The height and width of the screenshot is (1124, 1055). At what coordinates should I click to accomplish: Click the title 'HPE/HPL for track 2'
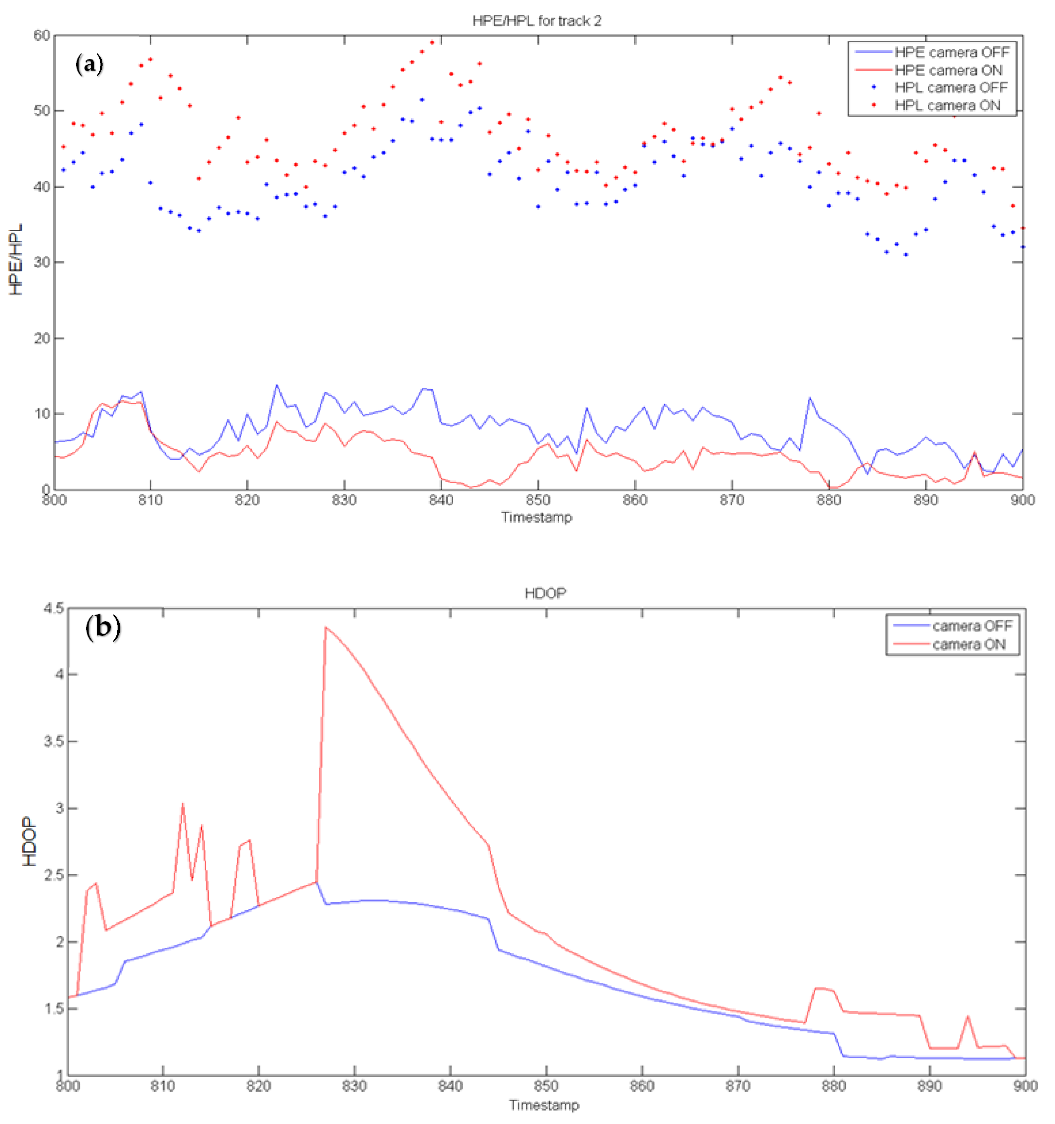[x=537, y=21]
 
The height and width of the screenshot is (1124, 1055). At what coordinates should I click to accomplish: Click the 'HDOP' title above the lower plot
[x=545, y=593]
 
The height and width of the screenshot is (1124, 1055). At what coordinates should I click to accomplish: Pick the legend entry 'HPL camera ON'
[x=947, y=106]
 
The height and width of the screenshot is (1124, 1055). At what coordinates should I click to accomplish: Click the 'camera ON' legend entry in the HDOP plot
[x=968, y=645]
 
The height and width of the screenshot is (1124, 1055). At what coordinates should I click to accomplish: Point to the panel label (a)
[x=89, y=64]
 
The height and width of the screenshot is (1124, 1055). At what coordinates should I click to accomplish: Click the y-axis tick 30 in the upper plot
[x=42, y=262]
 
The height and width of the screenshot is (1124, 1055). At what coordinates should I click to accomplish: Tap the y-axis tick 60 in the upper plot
[x=42, y=36]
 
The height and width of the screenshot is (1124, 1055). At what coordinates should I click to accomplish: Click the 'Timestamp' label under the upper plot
[x=537, y=517]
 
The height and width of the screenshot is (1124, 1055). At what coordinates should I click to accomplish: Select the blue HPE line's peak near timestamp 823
[x=276, y=385]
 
